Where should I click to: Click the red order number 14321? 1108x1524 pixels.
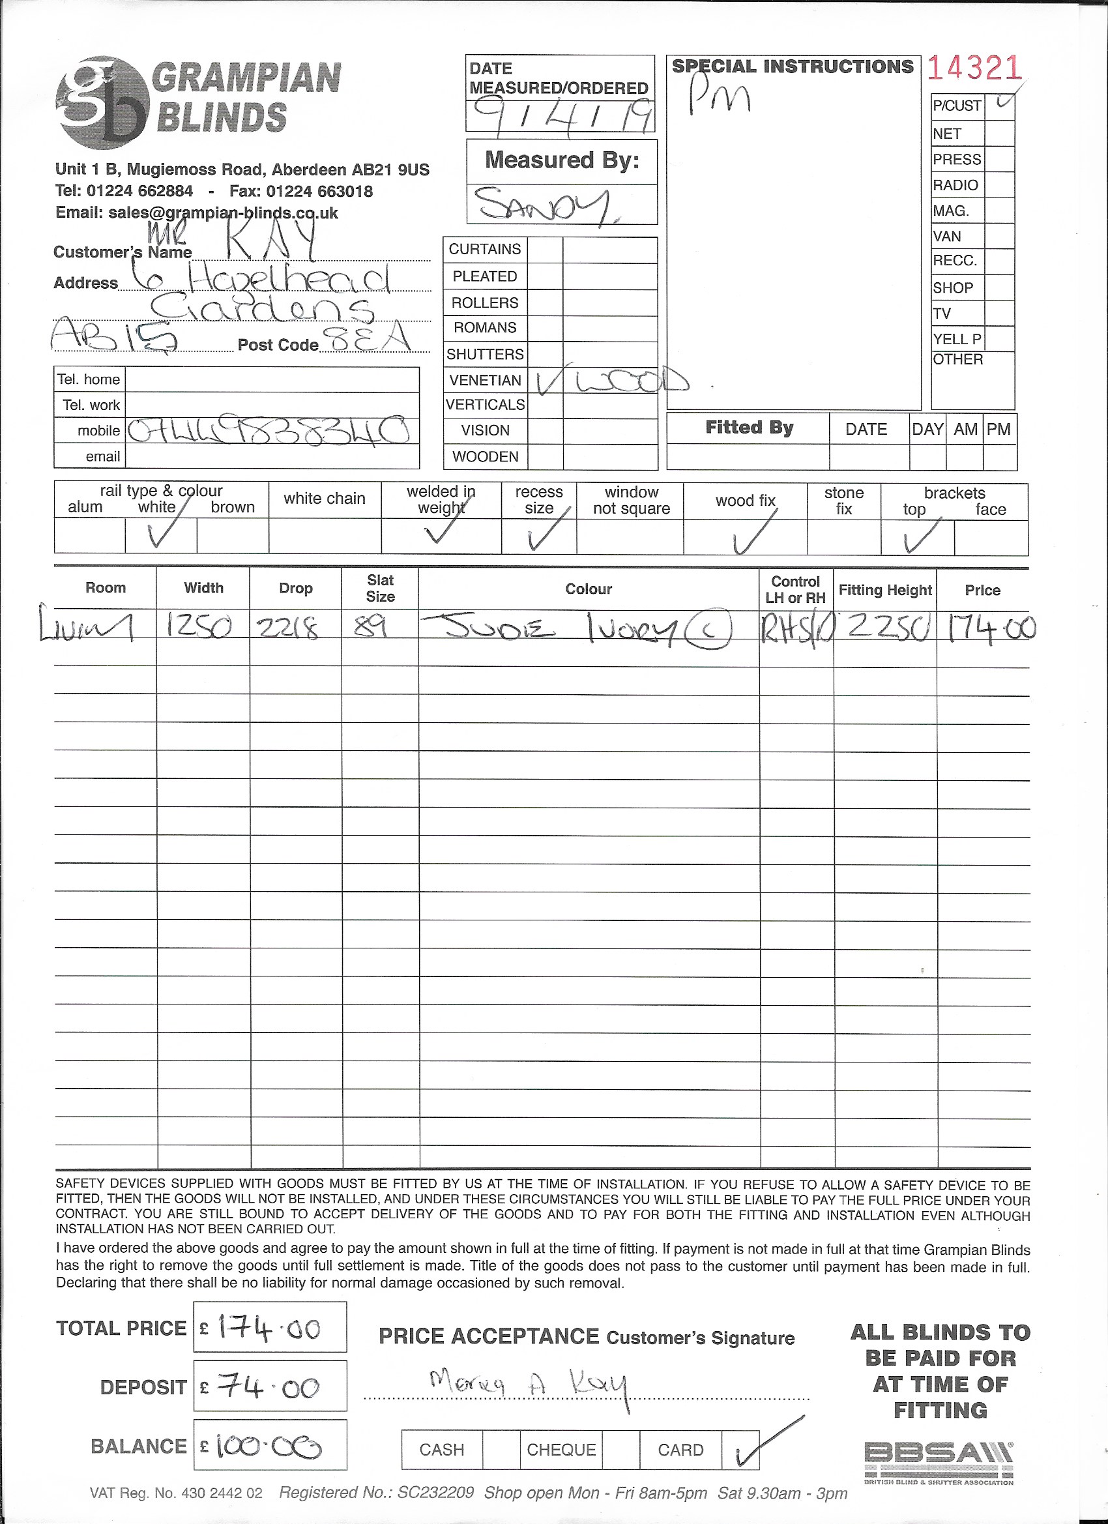(x=974, y=68)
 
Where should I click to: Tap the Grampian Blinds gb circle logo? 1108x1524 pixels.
(x=102, y=102)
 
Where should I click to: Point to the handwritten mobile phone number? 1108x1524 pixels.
(x=267, y=431)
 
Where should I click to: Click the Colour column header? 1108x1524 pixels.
(x=588, y=589)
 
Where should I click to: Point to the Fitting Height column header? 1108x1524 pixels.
(x=885, y=590)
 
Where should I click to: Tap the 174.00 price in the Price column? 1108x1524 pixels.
(x=991, y=629)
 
